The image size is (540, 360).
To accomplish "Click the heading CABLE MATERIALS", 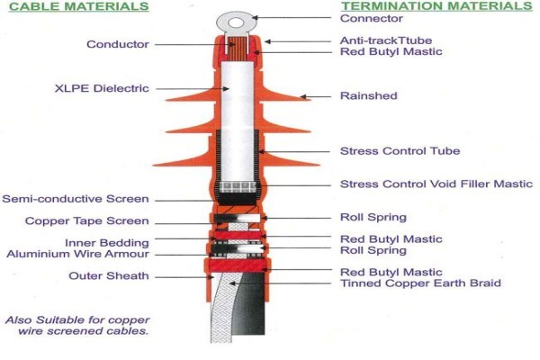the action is pyautogui.click(x=79, y=6).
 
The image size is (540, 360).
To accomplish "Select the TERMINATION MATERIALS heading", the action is pyautogui.click(x=436, y=6).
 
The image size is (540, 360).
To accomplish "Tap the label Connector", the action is pyautogui.click(x=371, y=18).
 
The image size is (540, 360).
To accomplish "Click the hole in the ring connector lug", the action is pyautogui.click(x=236, y=23).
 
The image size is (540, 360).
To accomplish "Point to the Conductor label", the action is pyautogui.click(x=118, y=44).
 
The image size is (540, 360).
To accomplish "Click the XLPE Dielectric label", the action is pyautogui.click(x=102, y=88).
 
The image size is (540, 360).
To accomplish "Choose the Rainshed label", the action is pyautogui.click(x=368, y=95).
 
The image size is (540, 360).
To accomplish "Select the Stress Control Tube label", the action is pyautogui.click(x=400, y=151).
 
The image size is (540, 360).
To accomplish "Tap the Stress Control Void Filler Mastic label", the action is pyautogui.click(x=436, y=184).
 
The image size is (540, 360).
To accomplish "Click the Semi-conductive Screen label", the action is pyautogui.click(x=76, y=199).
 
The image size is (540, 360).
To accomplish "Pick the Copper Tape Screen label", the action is pyautogui.click(x=87, y=220).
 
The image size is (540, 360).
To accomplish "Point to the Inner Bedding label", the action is pyautogui.click(x=107, y=243).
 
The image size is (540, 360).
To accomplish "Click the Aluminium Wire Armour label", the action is pyautogui.click(x=77, y=254).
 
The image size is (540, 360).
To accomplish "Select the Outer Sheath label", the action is pyautogui.click(x=109, y=276).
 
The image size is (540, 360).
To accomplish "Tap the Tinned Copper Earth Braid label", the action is pyautogui.click(x=420, y=283).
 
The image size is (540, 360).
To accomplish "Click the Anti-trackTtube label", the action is pyautogui.click(x=386, y=40).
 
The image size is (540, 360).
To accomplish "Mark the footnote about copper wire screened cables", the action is pyautogui.click(x=77, y=326).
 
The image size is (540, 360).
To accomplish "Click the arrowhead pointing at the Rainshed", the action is pyautogui.click(x=303, y=96).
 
